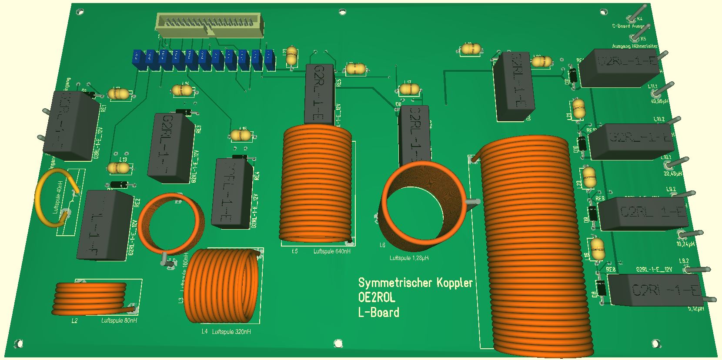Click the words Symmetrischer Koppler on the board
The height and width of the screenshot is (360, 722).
415,283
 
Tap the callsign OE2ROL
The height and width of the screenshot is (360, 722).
377,298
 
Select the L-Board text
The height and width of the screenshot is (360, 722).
378,313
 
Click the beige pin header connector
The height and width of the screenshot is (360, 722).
210,24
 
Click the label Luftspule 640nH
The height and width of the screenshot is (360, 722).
332,251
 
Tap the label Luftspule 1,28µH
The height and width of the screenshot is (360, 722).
409,258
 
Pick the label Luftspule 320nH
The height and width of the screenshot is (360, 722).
231,332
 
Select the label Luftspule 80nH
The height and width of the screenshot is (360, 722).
119,321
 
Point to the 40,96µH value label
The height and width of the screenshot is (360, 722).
659,102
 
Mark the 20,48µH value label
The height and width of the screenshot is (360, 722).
672,173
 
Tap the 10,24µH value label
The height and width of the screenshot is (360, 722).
685,244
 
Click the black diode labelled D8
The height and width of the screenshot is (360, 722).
602,289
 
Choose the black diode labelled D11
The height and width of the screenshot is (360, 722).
574,76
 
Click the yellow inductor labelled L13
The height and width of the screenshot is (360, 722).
118,167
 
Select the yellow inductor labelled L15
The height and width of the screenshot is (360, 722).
241,136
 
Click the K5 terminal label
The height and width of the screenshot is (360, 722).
643,39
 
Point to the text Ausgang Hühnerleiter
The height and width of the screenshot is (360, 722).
635,46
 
